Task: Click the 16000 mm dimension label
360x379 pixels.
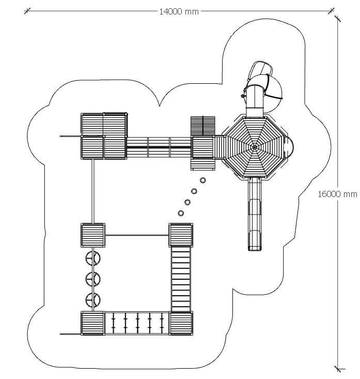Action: tap(337, 194)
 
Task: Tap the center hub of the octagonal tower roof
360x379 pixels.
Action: tap(254, 147)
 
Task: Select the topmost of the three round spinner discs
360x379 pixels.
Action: tap(93, 257)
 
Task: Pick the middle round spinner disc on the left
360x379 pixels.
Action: tap(93, 279)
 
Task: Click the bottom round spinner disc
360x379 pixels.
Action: tap(93, 299)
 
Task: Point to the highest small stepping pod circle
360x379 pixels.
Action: tap(202, 180)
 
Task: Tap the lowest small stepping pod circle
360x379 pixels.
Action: tap(181, 213)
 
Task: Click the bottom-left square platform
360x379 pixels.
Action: tap(93, 323)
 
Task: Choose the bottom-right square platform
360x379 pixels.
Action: tap(181, 323)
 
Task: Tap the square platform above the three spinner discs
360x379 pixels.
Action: tap(93, 235)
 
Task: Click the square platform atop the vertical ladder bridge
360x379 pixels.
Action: tap(181, 235)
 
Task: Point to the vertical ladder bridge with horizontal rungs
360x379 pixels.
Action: tap(181, 279)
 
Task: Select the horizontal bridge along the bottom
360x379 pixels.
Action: tap(137, 323)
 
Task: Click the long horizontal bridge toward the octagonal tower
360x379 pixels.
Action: tap(159, 147)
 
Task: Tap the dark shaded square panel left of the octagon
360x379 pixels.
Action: tap(202, 126)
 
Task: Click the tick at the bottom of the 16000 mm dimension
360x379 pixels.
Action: tap(338, 368)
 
